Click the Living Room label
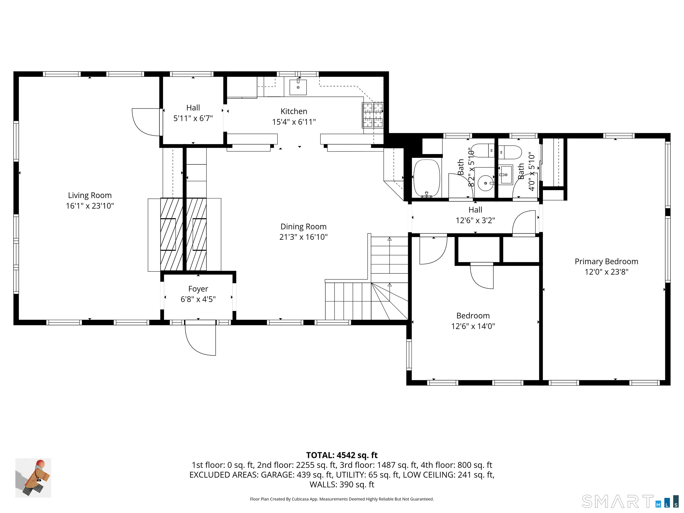point(90,195)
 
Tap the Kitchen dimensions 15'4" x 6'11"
point(294,122)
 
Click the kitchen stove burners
point(373,115)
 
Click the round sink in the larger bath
point(485,183)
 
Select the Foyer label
point(198,289)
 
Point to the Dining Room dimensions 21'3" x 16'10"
point(303,237)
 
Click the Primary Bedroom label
point(606,262)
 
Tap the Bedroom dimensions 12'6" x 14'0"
point(473,326)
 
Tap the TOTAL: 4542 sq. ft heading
point(342,455)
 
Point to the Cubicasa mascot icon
point(33,478)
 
